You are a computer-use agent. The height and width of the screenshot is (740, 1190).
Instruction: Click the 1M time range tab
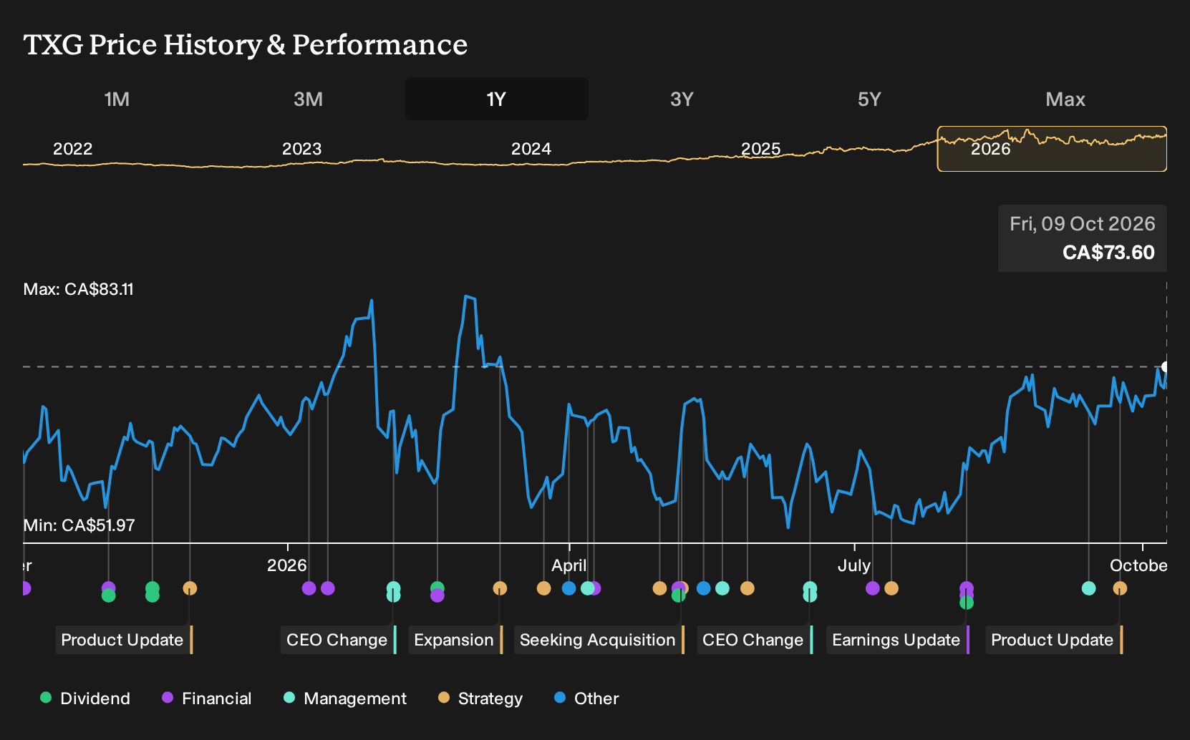pos(117,99)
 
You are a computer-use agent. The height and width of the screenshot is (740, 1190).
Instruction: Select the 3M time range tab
pos(308,99)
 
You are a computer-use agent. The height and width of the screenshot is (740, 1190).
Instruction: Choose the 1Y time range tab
pos(497,99)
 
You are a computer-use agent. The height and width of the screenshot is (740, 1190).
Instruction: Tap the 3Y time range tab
pos(682,99)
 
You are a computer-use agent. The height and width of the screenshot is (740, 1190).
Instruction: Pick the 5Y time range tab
pos(870,99)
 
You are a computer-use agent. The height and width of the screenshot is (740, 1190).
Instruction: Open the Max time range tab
pos(1065,99)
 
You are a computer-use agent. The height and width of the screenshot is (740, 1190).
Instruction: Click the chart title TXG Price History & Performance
pos(246,44)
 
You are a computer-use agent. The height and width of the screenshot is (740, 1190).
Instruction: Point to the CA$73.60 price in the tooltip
pos(1108,252)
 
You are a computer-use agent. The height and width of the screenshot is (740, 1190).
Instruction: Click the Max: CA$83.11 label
pos(79,289)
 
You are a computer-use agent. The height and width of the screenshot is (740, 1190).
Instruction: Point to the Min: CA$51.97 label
pos(79,525)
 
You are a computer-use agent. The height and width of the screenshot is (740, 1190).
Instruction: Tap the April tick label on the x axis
pos(569,565)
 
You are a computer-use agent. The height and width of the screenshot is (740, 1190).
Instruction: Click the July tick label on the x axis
pos(854,565)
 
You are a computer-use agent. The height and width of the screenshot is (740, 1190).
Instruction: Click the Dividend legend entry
pos(85,698)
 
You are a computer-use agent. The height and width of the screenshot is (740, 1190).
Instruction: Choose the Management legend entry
pos(345,698)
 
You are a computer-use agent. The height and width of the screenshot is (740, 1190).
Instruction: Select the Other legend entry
pos(586,698)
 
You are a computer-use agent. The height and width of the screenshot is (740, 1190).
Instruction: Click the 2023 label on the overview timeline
pos(301,149)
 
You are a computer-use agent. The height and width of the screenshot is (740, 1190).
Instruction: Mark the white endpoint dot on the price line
pos(1165,367)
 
